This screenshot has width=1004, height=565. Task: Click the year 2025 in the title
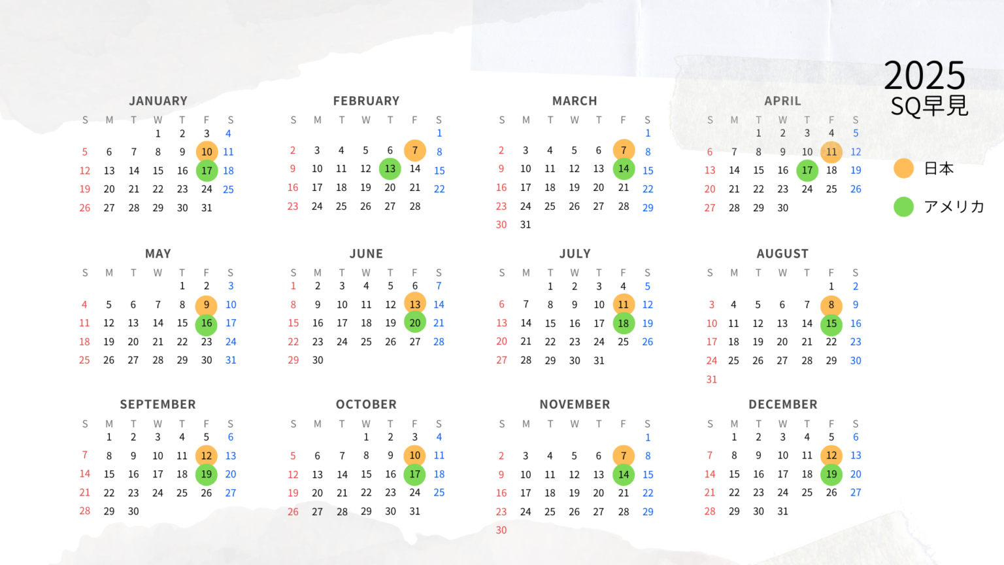(x=924, y=76)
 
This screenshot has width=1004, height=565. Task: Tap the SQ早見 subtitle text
(x=929, y=106)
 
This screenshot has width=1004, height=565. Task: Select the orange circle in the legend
(x=903, y=168)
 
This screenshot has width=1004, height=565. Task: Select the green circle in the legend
(x=903, y=207)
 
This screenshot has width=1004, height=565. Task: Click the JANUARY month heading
(x=158, y=101)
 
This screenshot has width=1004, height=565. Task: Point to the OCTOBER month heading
(x=366, y=404)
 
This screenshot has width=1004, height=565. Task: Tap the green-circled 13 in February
(x=390, y=169)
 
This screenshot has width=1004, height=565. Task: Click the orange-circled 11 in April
(x=831, y=152)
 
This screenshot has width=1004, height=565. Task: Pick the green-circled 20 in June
(x=414, y=322)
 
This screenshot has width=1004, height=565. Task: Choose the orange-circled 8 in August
(x=831, y=305)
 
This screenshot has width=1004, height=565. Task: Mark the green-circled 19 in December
(x=831, y=474)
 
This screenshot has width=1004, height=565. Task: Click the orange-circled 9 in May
(x=207, y=305)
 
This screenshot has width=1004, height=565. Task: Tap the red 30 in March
(x=501, y=224)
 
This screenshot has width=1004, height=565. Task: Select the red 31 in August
(x=711, y=379)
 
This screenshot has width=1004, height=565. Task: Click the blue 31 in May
(x=231, y=360)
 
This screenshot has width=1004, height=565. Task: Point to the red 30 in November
(x=501, y=530)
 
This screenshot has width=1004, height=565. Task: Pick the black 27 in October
(x=317, y=512)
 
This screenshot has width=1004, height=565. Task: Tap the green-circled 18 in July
(x=624, y=323)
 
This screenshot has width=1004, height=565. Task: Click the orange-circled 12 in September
(x=207, y=456)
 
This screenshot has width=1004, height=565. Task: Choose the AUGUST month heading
(x=782, y=254)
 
